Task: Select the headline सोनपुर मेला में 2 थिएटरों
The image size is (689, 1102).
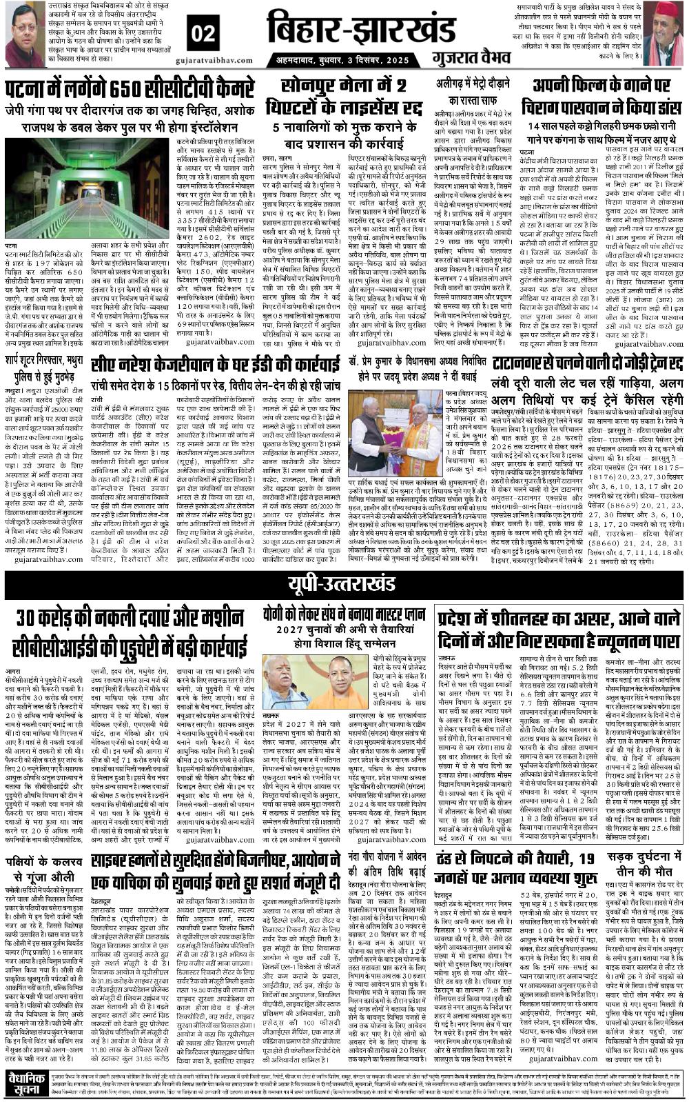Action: coord(344,97)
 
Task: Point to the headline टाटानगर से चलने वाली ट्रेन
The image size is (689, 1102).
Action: coord(587,362)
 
